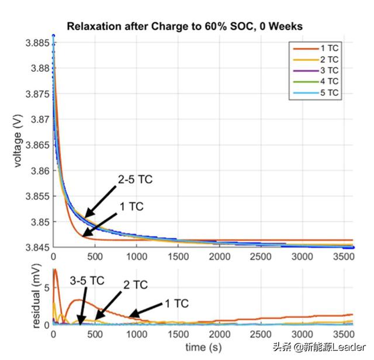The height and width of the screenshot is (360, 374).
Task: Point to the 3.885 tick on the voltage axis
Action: coord(36,43)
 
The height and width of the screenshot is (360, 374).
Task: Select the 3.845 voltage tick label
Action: coord(36,248)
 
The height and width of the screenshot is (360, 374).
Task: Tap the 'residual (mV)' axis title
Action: coord(17,298)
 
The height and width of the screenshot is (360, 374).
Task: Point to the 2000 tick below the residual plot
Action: coord(219,334)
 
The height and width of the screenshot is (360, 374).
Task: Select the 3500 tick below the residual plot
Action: coord(342,334)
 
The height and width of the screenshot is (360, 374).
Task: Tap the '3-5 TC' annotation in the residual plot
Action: coord(87,281)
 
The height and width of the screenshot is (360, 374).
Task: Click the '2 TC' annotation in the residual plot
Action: coord(135,285)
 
